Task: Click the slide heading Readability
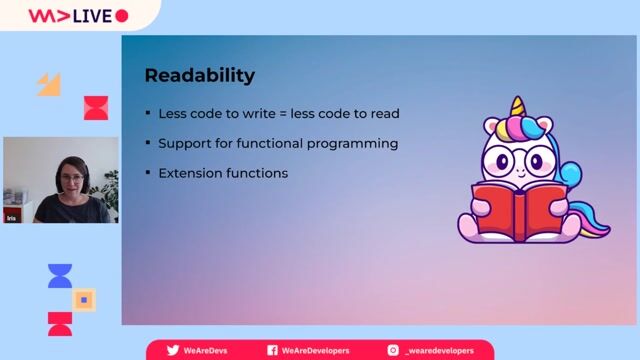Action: click(200, 75)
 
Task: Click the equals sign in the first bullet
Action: click(270, 113)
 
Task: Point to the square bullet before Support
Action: click(148, 143)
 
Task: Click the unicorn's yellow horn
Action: click(517, 107)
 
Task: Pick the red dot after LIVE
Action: click(122, 15)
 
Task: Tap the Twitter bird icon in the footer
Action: click(173, 351)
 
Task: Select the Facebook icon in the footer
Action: click(272, 351)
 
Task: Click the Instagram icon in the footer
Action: click(393, 351)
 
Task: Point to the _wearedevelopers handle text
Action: click(441, 351)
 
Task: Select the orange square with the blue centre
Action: click(85, 299)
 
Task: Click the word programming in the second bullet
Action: click(354, 143)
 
